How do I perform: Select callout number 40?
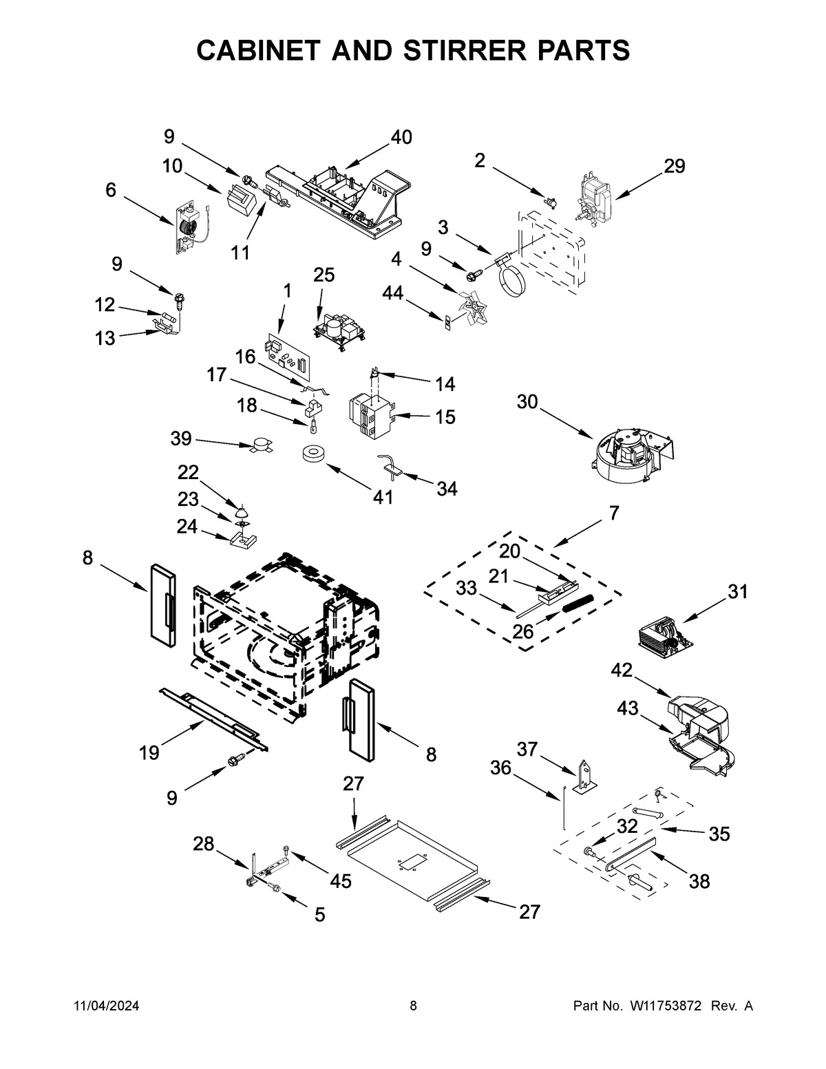coord(401,138)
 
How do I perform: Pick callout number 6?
coord(111,190)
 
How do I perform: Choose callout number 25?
coord(324,275)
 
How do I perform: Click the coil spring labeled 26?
coord(578,603)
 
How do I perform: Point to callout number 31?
coord(737,592)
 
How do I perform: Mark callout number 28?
coord(204,844)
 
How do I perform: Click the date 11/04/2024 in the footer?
coord(107,1006)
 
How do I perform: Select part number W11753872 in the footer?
coord(664,1006)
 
